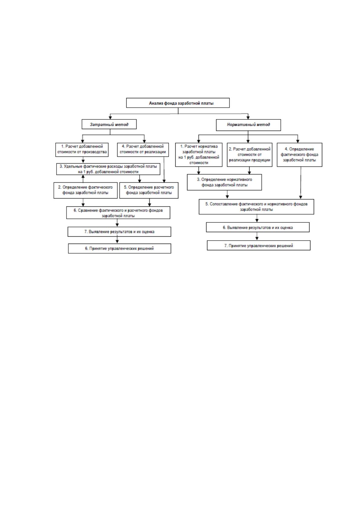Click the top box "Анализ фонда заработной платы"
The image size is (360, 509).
coord(178,103)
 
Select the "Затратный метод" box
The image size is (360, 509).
coord(109,124)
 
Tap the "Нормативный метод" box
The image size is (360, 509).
coord(248,125)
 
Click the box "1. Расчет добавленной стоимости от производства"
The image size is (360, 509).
coord(82,150)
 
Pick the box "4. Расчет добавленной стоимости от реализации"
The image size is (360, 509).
coord(143,150)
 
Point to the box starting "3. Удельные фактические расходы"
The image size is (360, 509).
coord(108,169)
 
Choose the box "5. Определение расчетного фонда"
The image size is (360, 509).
coord(149,190)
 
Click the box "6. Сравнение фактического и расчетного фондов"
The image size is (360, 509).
coord(118,213)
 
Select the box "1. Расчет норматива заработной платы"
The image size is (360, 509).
coord(199,155)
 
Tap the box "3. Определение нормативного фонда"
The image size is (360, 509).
coord(224,182)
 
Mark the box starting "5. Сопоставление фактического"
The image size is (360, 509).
coord(256,207)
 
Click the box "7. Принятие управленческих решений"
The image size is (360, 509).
coord(259,245)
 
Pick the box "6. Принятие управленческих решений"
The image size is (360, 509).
coord(119,248)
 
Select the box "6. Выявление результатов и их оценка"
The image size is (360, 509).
coord(258,227)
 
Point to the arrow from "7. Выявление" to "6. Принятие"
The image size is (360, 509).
coord(117,240)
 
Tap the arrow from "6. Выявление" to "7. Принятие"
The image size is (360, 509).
coord(257,236)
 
